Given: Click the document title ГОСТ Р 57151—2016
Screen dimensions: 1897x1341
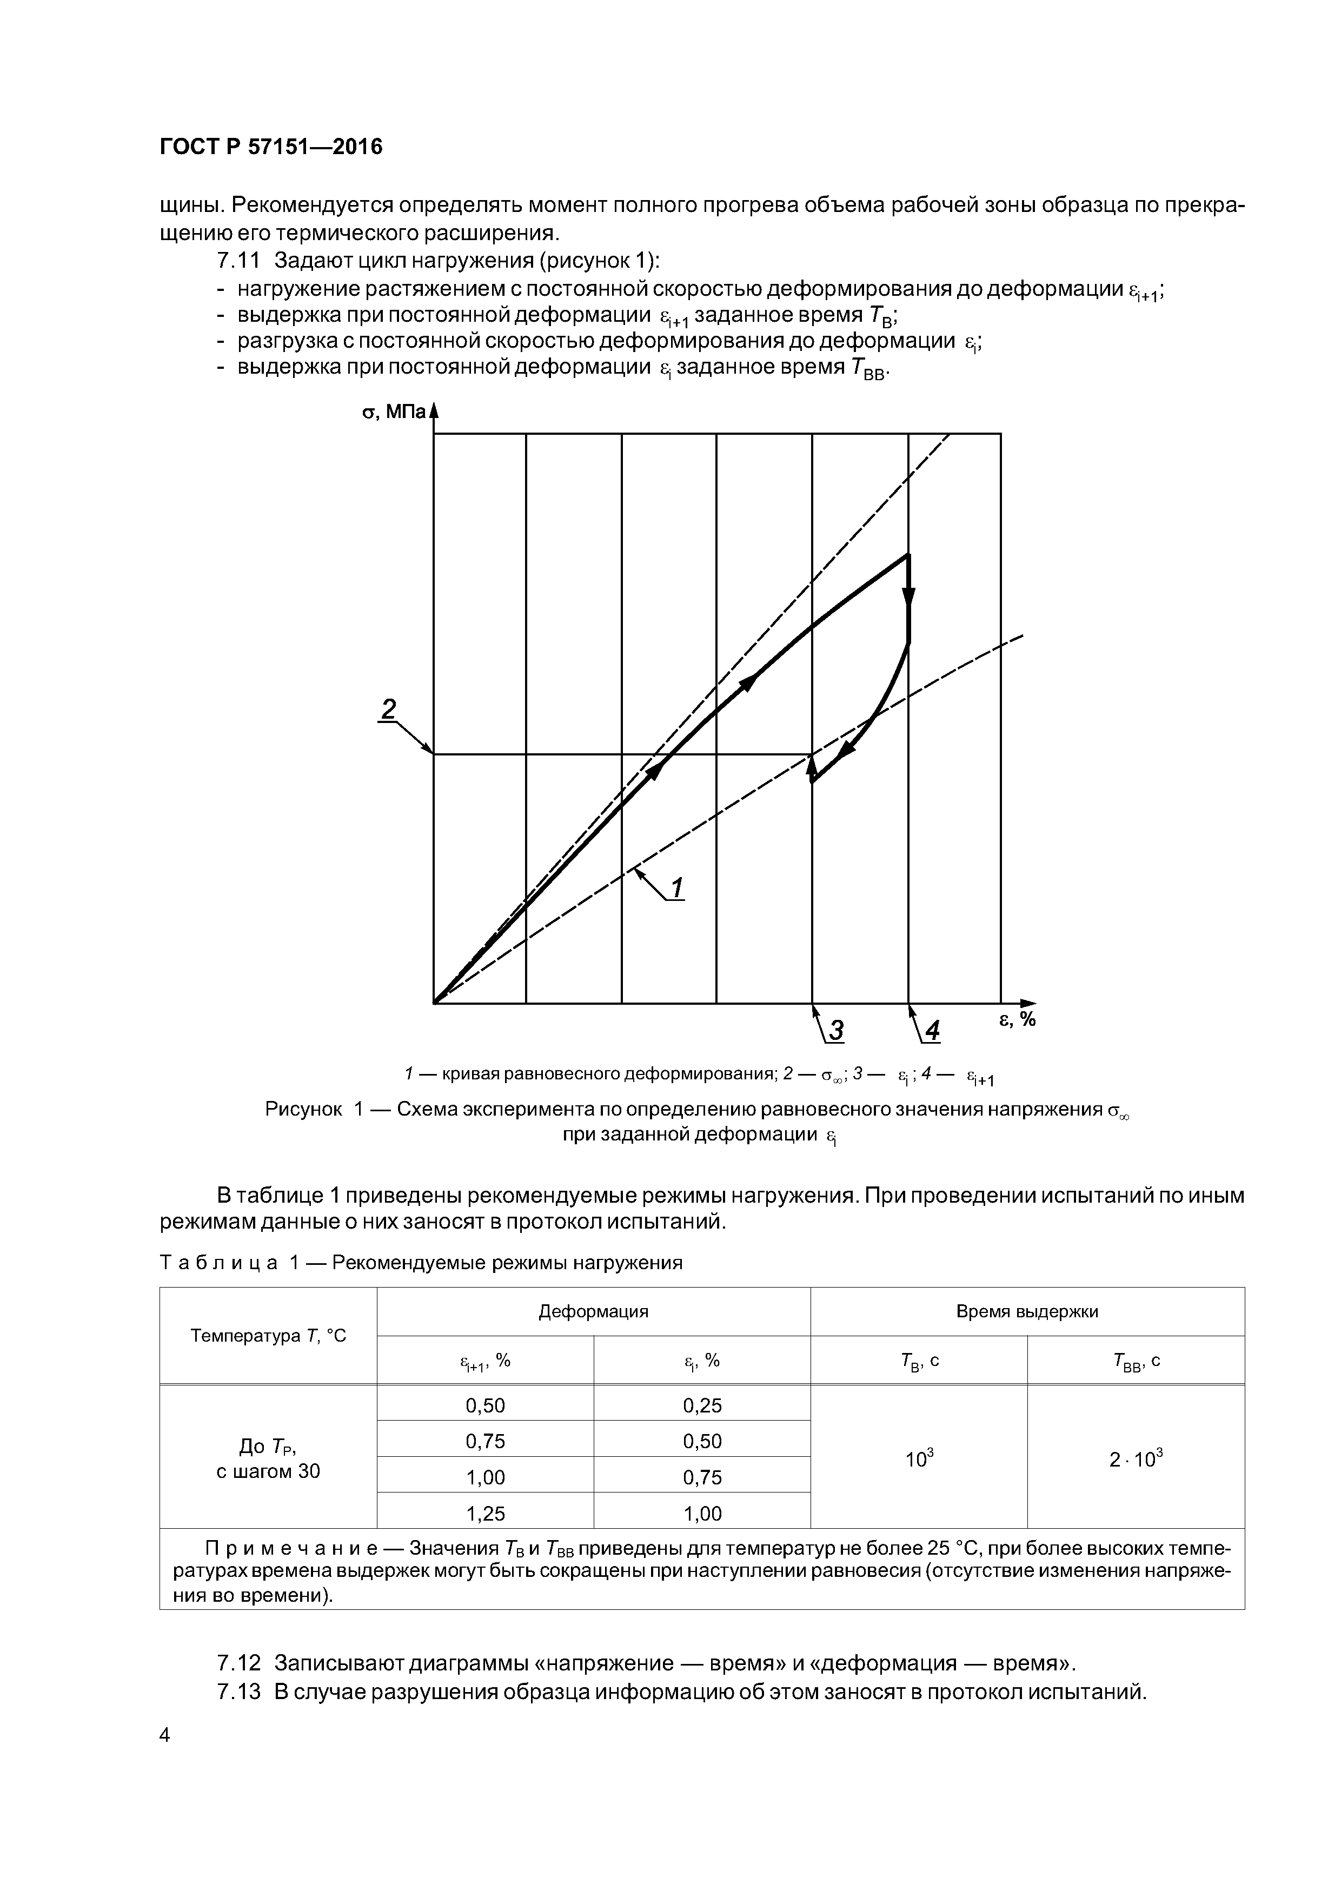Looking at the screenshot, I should tap(271, 147).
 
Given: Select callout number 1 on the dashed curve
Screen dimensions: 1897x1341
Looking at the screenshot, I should tap(676, 888).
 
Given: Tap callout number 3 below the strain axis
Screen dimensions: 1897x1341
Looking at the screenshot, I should tap(836, 1030).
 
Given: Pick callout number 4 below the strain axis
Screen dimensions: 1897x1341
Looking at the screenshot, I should tap(932, 1030).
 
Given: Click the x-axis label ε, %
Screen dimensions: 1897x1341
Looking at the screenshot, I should tap(1017, 1019).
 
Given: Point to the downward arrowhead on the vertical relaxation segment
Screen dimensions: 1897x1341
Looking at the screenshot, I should tap(909, 596).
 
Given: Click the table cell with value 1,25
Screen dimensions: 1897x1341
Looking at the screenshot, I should tap(485, 1513).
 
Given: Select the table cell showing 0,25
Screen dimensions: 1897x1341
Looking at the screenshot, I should tap(702, 1405).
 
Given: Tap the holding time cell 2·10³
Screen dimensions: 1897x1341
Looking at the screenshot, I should tap(1136, 1459).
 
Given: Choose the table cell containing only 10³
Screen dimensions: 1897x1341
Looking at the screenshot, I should tap(918, 1459).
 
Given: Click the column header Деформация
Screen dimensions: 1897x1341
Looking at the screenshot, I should tap(593, 1311).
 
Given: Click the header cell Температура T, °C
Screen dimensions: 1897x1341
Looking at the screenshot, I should tap(269, 1335).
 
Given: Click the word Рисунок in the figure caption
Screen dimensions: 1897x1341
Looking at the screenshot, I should tap(303, 1109).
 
